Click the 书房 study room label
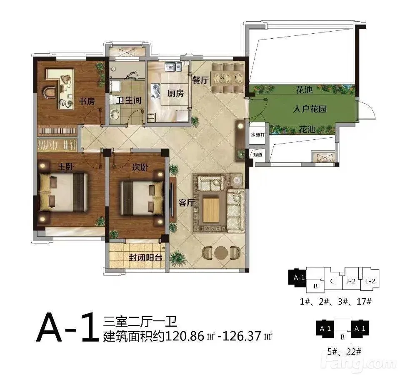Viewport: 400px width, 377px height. coord(87,101)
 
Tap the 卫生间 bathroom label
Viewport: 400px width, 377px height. coord(129,100)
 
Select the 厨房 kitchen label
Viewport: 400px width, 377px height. coord(175,93)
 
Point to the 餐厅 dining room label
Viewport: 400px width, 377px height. coord(200,80)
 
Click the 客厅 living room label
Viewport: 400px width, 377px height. coord(187,203)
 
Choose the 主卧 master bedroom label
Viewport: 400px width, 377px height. coord(66,167)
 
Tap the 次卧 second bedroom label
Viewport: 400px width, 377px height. coord(140,167)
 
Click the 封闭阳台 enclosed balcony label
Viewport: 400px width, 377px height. coord(145,258)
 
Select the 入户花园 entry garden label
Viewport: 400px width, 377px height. coord(310,109)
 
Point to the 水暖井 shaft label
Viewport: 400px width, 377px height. coord(257,135)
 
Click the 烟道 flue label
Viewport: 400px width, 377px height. coord(257,155)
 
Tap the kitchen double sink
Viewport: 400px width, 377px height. coord(173,67)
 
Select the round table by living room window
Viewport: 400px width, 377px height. coord(221,253)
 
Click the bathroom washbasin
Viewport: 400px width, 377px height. coord(115,114)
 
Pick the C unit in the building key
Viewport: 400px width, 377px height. coord(332,281)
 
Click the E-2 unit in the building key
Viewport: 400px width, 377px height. coord(370,281)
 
